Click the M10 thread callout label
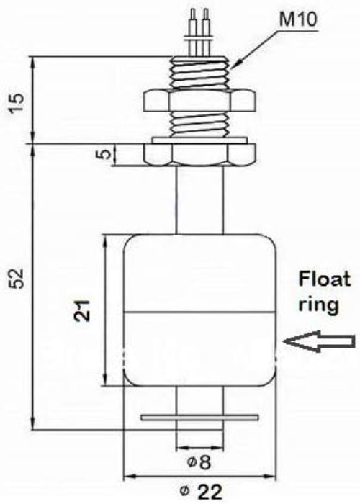click(297, 19)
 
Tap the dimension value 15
click(17, 102)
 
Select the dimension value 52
click(17, 279)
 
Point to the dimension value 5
click(104, 155)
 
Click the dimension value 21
click(83, 310)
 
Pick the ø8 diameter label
click(199, 462)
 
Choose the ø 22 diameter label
click(202, 491)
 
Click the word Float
click(324, 279)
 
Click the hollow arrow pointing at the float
click(319, 341)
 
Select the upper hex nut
click(200, 101)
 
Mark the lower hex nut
click(200, 155)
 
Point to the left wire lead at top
click(193, 32)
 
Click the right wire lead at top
click(206, 32)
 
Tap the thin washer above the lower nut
click(199, 140)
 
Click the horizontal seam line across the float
click(200, 312)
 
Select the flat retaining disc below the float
click(199, 418)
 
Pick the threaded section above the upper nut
click(200, 73)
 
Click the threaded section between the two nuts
click(200, 125)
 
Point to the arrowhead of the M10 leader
click(232, 66)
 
